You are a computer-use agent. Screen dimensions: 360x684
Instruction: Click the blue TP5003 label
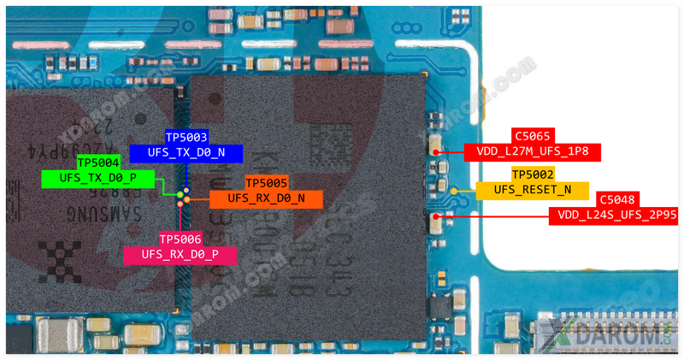coord(186,137)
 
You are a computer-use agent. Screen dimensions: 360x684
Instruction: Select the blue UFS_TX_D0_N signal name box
coord(186,153)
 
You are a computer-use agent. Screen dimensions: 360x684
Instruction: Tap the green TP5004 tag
coord(98,162)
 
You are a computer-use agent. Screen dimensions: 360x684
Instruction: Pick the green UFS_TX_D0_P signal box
coord(98,179)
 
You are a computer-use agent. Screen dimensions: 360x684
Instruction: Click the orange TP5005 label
coord(267,183)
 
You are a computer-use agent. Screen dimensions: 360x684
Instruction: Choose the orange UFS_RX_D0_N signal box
coord(267,199)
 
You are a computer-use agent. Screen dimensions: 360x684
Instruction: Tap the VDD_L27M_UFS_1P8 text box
coord(532,153)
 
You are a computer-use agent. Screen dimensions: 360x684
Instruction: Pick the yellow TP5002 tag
coord(533,174)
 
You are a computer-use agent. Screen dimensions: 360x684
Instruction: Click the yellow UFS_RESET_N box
coord(533,191)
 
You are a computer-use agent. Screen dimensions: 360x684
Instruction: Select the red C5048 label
coord(616,199)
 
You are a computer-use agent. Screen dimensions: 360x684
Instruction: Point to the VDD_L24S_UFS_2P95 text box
coord(615,215)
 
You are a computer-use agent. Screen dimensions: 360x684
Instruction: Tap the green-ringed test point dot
coord(180,195)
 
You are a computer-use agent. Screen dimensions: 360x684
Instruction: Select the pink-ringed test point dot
coord(180,204)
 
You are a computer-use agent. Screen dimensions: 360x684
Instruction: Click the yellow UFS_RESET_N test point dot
coord(455,192)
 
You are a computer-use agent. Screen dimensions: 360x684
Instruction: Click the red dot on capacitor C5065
coord(436,153)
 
